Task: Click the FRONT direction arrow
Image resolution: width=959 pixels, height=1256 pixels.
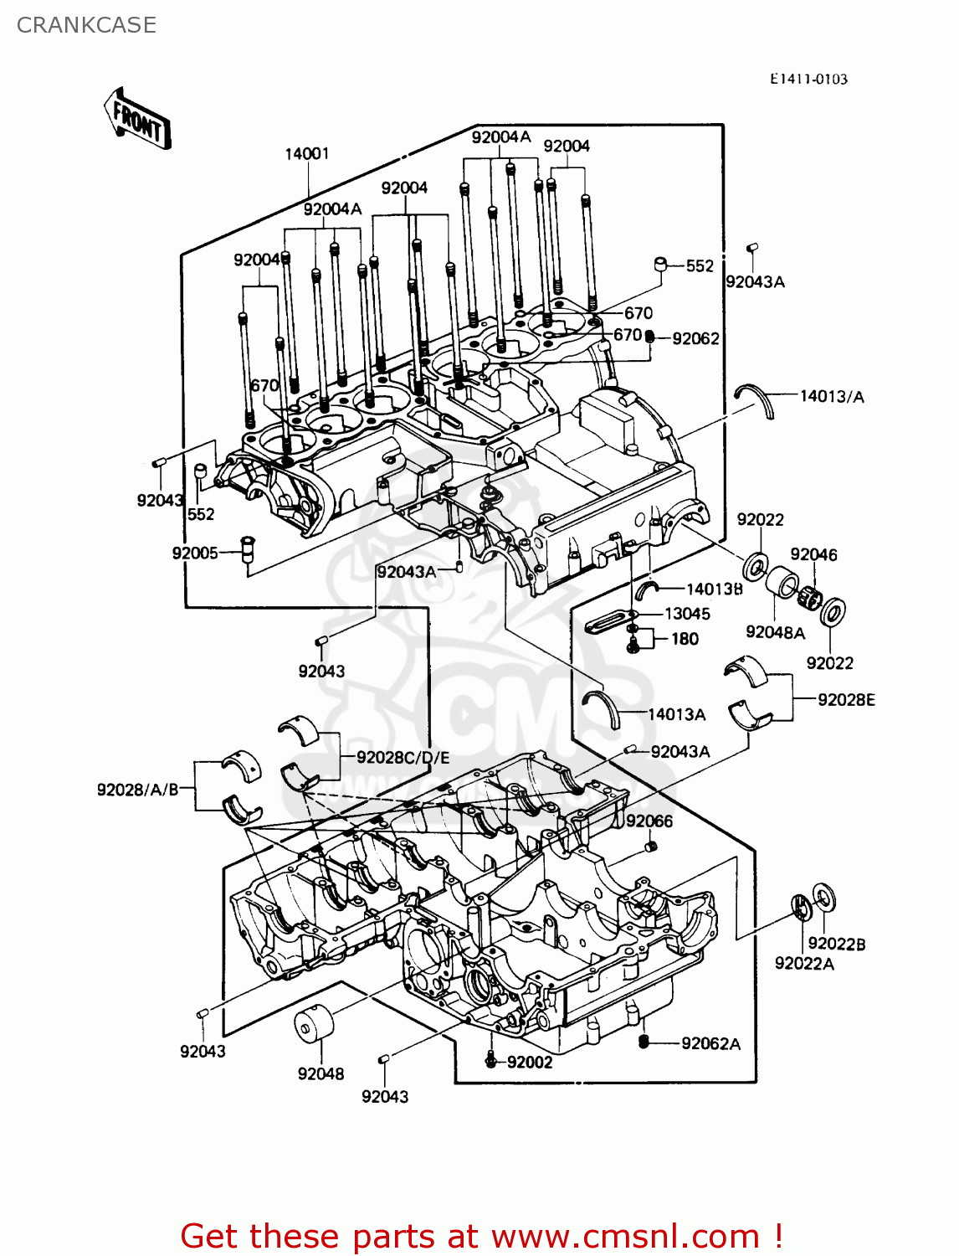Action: [137, 120]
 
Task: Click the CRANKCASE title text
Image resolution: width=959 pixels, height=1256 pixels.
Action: [86, 25]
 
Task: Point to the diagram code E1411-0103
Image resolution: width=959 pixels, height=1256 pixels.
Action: [808, 79]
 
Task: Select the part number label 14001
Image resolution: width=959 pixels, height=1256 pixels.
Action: [307, 153]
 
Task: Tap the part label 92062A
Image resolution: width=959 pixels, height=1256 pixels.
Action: [710, 1043]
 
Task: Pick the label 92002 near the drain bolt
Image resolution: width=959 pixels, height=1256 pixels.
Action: [530, 1062]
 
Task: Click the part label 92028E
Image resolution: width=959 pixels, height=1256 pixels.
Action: [846, 699]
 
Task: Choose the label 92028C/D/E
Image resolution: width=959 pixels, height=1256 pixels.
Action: [403, 757]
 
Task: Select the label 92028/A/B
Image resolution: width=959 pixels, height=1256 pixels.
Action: [138, 789]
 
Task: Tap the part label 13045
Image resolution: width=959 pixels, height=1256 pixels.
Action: [686, 614]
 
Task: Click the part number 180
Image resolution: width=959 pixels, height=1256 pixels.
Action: [685, 639]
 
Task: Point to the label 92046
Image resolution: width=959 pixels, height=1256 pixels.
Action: [813, 554]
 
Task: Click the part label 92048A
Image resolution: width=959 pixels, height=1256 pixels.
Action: [775, 632]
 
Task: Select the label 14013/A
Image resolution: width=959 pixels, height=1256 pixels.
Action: [832, 396]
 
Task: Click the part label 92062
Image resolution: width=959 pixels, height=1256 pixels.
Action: [695, 338]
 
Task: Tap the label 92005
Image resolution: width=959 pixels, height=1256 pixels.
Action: [195, 553]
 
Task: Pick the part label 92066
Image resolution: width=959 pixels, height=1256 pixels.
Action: [649, 821]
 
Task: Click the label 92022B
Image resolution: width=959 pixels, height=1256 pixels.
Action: [837, 944]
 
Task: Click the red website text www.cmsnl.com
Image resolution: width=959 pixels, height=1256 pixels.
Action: [625, 1236]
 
